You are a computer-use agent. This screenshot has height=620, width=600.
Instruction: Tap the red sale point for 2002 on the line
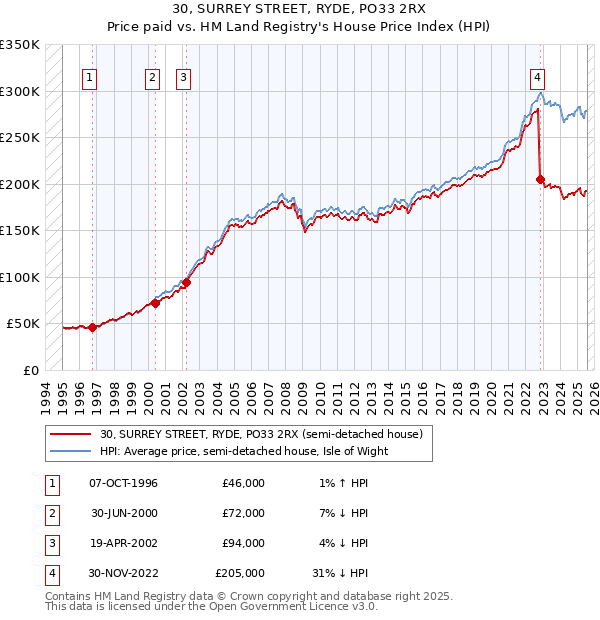[x=186, y=283]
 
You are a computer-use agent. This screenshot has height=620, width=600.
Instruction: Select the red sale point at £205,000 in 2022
[x=541, y=180]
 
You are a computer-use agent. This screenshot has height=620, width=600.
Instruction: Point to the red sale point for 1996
[x=93, y=327]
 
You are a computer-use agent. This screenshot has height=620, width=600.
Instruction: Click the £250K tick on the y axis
[x=20, y=137]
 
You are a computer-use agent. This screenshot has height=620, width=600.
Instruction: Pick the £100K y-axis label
[x=20, y=277]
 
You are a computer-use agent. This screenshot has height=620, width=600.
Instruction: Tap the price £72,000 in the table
[x=240, y=513]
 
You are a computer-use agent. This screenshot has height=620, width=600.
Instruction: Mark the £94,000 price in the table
[x=240, y=543]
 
